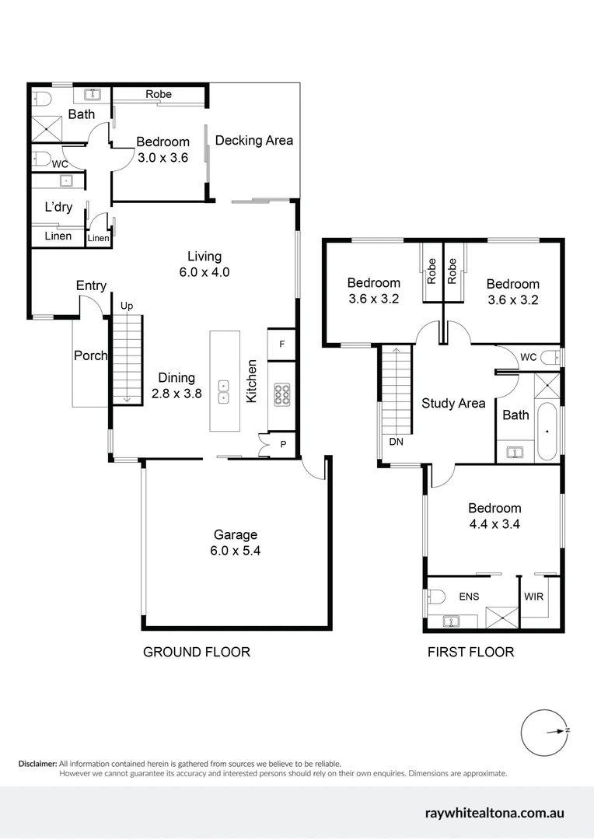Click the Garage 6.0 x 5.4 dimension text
click(x=236, y=551)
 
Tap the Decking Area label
click(x=254, y=141)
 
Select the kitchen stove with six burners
click(x=281, y=395)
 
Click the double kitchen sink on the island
click(x=224, y=391)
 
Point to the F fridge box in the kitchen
click(x=281, y=344)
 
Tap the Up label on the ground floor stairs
click(x=126, y=306)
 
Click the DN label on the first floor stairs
click(x=396, y=441)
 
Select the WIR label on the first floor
click(x=533, y=597)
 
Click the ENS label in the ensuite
click(x=469, y=597)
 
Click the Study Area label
click(x=453, y=403)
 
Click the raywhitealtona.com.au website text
click(x=494, y=814)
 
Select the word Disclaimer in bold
click(x=37, y=764)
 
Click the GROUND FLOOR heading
click(x=197, y=652)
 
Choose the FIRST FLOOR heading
click(x=470, y=652)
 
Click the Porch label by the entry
click(x=90, y=355)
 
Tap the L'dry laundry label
click(x=58, y=208)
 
